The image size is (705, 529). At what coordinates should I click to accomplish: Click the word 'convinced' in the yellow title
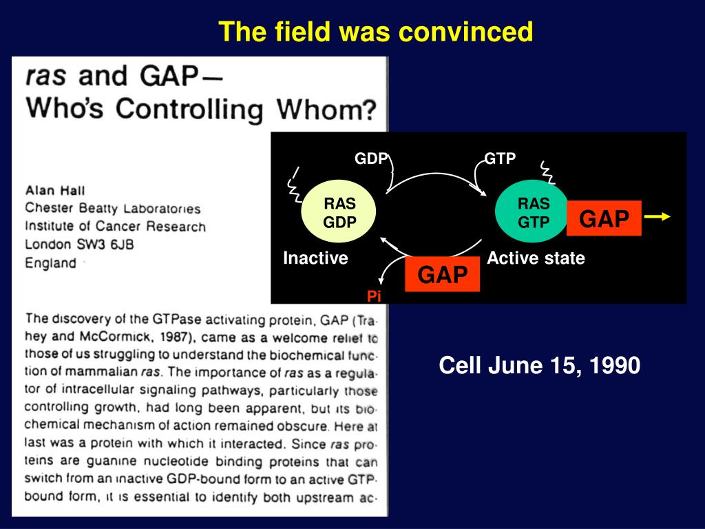tap(466, 32)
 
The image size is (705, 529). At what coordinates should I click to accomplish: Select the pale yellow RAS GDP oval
tap(338, 212)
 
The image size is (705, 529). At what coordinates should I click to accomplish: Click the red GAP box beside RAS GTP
tap(604, 218)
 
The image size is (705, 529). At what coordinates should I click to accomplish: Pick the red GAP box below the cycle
tap(443, 274)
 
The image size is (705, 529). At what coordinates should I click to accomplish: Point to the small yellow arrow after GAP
tap(657, 217)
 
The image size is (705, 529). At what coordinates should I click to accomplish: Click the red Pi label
tap(374, 296)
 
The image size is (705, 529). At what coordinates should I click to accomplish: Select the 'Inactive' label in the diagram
tap(315, 258)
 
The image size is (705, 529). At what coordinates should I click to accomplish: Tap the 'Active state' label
tap(536, 258)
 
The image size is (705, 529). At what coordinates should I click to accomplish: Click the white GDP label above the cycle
tap(371, 158)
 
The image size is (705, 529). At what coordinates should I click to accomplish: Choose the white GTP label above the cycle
tap(500, 158)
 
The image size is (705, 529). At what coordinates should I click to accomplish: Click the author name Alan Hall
tap(55, 191)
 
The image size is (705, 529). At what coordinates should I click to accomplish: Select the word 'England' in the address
tap(50, 262)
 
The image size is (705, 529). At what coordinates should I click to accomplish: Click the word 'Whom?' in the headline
tap(326, 109)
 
